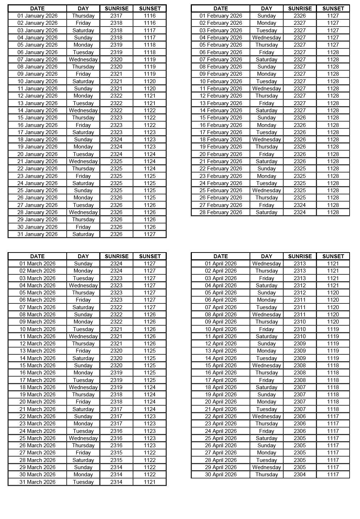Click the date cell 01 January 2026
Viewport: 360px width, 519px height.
click(x=37, y=16)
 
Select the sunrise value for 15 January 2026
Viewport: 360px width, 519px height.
click(x=116, y=118)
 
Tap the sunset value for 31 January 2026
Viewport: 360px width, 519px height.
click(x=150, y=234)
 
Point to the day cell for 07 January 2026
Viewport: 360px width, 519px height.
click(x=83, y=60)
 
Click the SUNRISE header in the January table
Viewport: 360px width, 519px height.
click(x=116, y=8)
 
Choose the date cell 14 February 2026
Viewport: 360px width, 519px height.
click(x=221, y=110)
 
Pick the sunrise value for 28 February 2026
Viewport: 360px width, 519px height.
click(x=300, y=212)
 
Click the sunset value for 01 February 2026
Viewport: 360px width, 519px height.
click(x=333, y=16)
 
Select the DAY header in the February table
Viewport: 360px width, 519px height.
click(x=266, y=8)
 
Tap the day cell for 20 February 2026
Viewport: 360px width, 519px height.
click(x=266, y=154)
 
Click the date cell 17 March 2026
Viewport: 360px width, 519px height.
click(x=37, y=380)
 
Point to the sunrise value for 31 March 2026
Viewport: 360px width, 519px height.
click(x=116, y=482)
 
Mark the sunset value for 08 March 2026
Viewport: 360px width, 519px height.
click(x=150, y=315)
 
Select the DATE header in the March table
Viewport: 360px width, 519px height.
click(x=37, y=256)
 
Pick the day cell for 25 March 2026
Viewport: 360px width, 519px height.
click(x=83, y=438)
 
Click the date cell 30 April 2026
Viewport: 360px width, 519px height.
click(x=221, y=475)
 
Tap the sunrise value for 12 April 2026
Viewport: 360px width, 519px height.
click(x=300, y=344)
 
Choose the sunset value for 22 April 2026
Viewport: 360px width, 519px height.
click(x=333, y=416)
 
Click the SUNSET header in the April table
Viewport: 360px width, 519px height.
click(x=333, y=256)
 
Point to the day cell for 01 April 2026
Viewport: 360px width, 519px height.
click(x=266, y=264)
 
